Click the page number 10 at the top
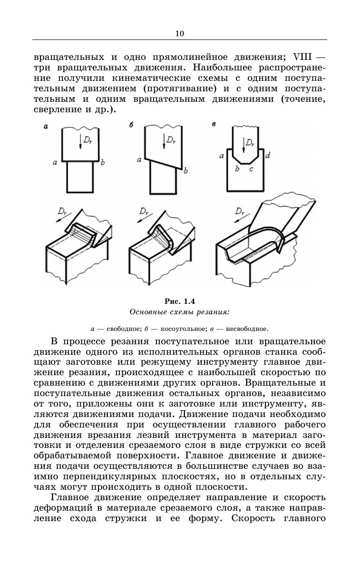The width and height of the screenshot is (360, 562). coord(179,33)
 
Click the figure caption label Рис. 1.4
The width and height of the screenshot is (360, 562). coord(180,301)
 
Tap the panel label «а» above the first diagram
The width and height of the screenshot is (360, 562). coord(46,126)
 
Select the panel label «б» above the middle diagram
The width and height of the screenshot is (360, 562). coord(131,125)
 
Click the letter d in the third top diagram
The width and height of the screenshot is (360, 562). coord(268,155)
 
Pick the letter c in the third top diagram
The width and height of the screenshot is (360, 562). coord(252,168)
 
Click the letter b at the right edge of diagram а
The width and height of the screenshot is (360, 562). coord(103,163)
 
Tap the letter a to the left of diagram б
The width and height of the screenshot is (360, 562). coord(139,160)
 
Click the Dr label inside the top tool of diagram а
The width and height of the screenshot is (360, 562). coord(88,140)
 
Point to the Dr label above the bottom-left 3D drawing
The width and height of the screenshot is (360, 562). coord(62,211)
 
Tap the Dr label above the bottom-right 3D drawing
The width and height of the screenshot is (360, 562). coord(240,211)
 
